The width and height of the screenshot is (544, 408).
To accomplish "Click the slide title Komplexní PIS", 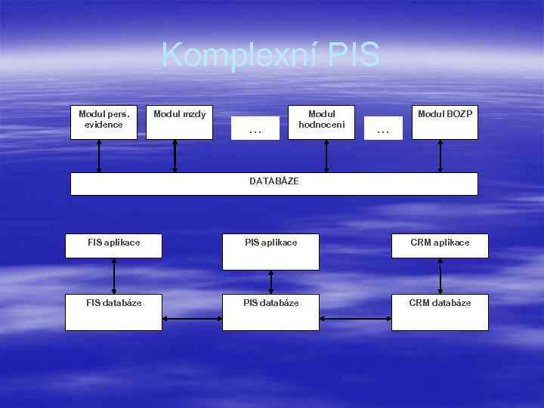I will pos(270,55).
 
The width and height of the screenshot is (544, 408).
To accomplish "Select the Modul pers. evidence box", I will pos(104,122).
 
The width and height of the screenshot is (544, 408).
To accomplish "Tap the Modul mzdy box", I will pos(179,122).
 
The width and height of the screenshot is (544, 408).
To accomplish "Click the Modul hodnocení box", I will pos(326,122).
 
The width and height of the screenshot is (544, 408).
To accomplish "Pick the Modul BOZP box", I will pos(444,122).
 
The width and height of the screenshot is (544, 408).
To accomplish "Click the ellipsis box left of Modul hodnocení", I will pos(255,128).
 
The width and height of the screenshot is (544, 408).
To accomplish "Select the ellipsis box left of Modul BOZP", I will pos(383,128).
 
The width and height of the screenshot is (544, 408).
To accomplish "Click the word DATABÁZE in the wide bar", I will pos(274,181).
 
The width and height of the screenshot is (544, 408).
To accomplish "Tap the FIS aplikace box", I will pos(113,246).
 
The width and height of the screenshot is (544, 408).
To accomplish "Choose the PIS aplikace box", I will pos(270,252).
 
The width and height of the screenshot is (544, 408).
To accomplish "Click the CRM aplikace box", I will pos(440,246).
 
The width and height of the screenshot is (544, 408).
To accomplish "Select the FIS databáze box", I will pos(113,311).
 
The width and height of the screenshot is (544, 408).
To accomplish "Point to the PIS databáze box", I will pos(270,311).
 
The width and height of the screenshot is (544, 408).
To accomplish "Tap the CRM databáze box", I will pos(440,311).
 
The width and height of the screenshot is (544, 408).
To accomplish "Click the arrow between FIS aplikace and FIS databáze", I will pos(114,276).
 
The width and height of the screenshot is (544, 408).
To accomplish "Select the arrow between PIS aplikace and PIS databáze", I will pos(271,282).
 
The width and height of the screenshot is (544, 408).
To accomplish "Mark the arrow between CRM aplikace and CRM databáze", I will pos(440,276).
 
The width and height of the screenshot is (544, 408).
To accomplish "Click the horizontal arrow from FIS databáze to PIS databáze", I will pos(192,318).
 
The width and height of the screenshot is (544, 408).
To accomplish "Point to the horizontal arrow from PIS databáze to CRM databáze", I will pos(355,318).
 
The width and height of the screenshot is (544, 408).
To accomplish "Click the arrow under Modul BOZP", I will pos(440,156).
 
